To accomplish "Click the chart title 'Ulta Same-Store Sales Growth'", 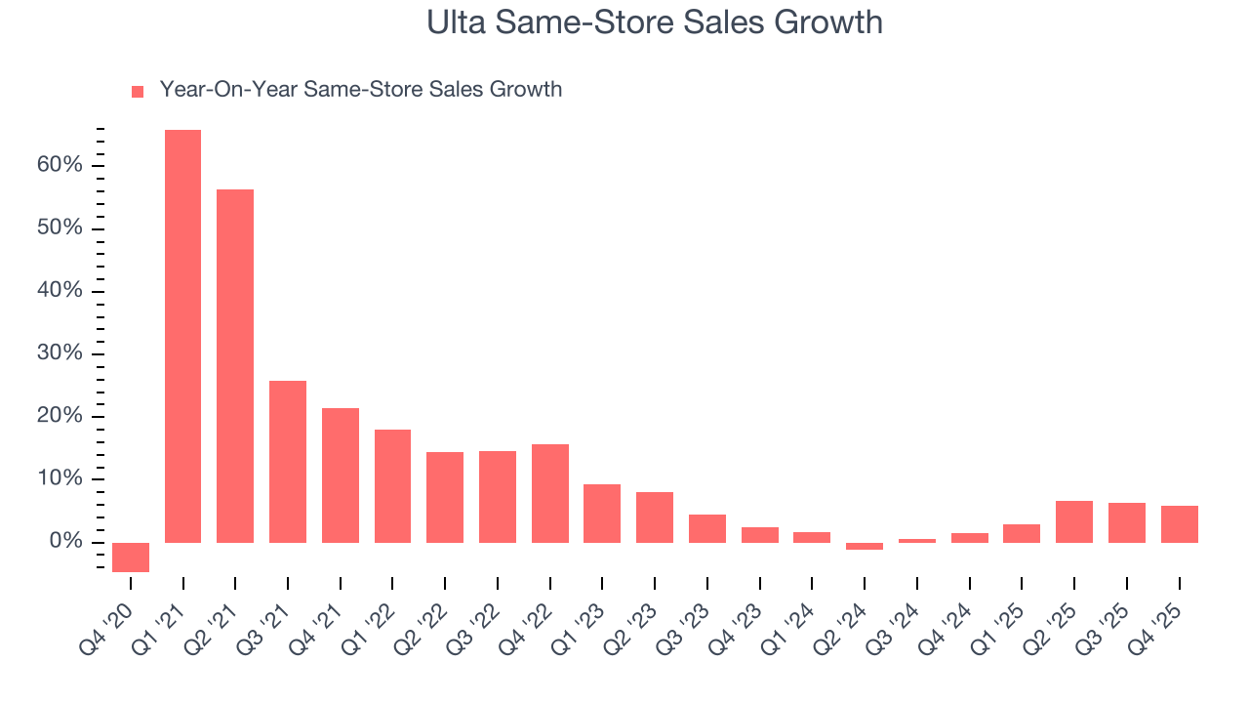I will (x=654, y=22).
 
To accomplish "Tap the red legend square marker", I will (x=138, y=91).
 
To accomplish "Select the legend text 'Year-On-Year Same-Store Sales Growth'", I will (x=360, y=90).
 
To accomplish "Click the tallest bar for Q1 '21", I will (x=182, y=336).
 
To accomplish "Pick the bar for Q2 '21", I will (x=235, y=366).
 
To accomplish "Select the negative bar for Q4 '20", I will (x=131, y=557).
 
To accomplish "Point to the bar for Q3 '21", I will (x=288, y=461).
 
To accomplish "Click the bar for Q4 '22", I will (x=550, y=493).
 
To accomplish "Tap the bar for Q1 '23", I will (x=602, y=513).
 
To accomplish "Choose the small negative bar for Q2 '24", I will (x=865, y=546).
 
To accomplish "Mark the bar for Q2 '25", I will (x=1074, y=521).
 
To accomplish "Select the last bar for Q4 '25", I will (x=1179, y=523).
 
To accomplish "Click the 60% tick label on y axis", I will (x=60, y=165).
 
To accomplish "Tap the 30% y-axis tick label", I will (x=60, y=353).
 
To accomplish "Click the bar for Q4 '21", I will (x=341, y=475).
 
